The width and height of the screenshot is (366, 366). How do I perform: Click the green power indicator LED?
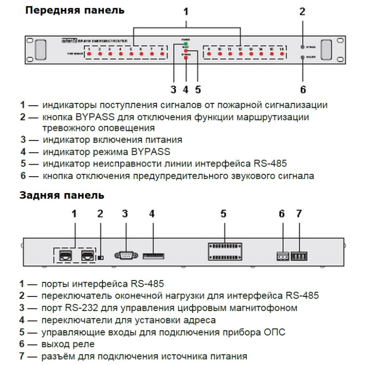click(x=186, y=44)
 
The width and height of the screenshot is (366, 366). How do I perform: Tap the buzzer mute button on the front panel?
click(x=302, y=57)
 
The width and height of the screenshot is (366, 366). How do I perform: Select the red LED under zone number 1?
click(x=89, y=54)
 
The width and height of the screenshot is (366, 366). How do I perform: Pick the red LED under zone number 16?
click(x=282, y=54)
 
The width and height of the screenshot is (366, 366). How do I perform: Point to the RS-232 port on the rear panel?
click(x=125, y=255)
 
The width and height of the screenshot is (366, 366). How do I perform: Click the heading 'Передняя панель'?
click(x=74, y=10)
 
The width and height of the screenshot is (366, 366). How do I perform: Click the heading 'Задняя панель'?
click(x=62, y=196)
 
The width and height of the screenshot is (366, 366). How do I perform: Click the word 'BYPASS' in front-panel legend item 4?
click(x=152, y=151)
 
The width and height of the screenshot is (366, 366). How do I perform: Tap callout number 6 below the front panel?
click(x=302, y=88)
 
